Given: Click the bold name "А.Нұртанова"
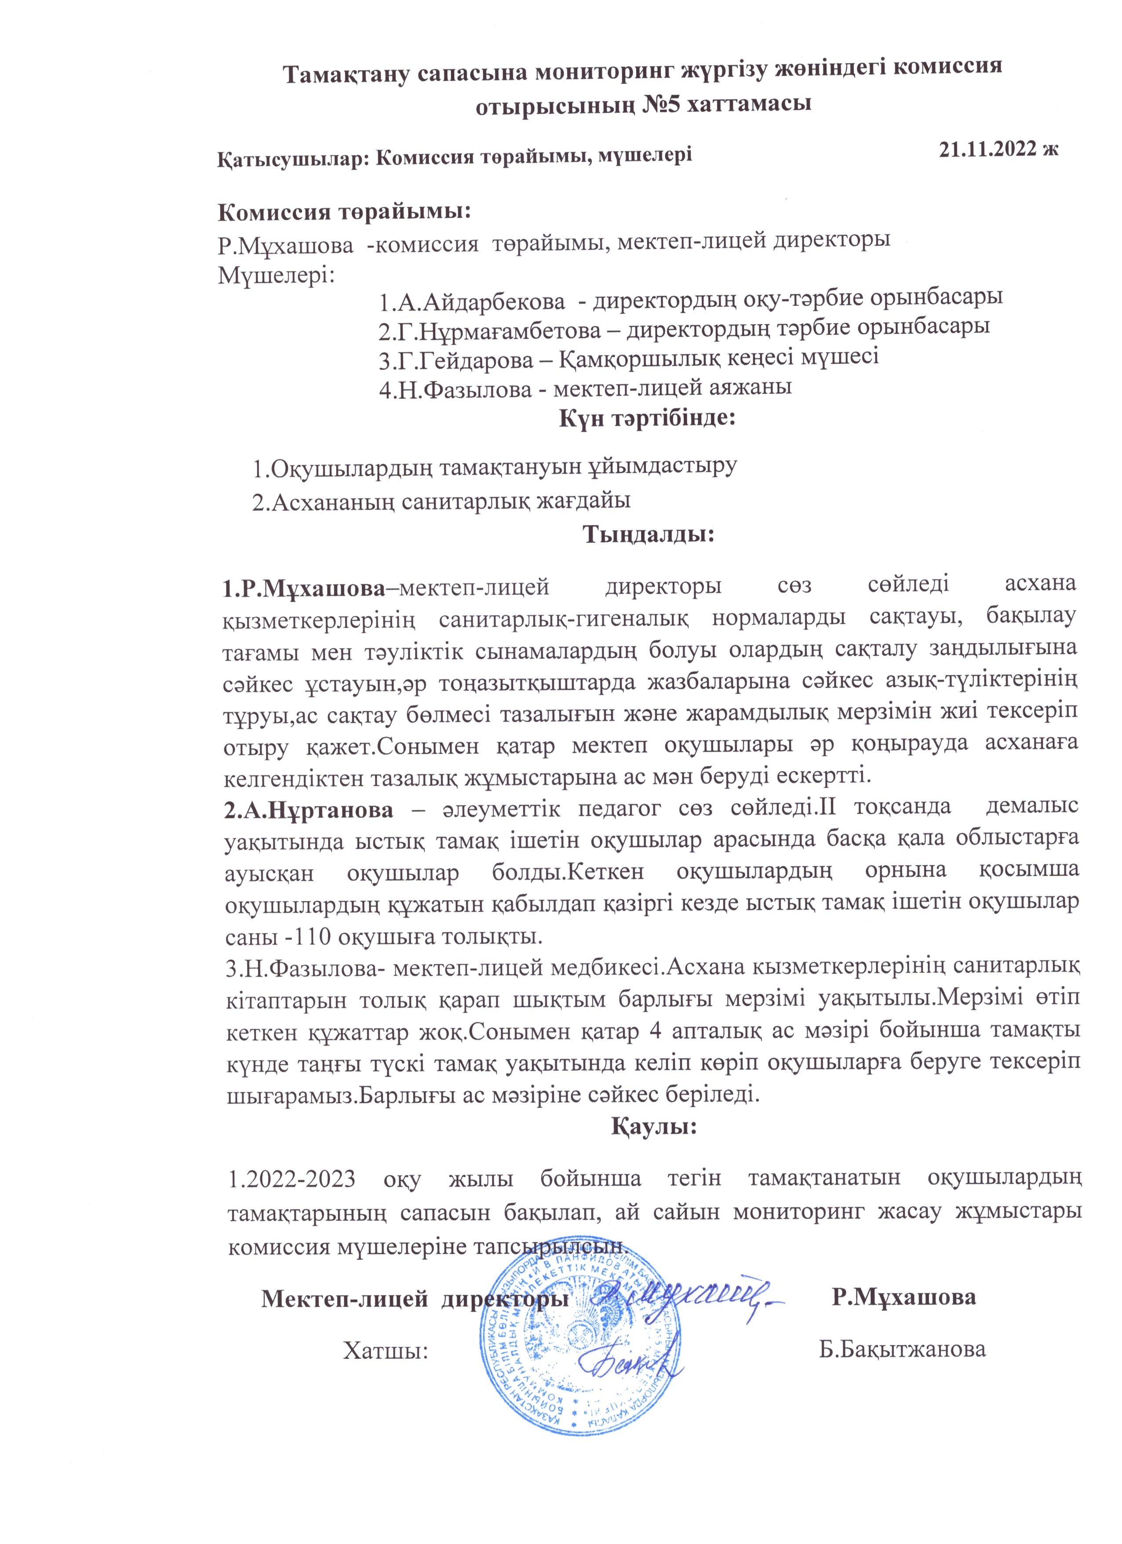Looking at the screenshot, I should (309, 810).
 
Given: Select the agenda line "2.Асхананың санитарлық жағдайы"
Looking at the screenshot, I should (441, 501).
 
